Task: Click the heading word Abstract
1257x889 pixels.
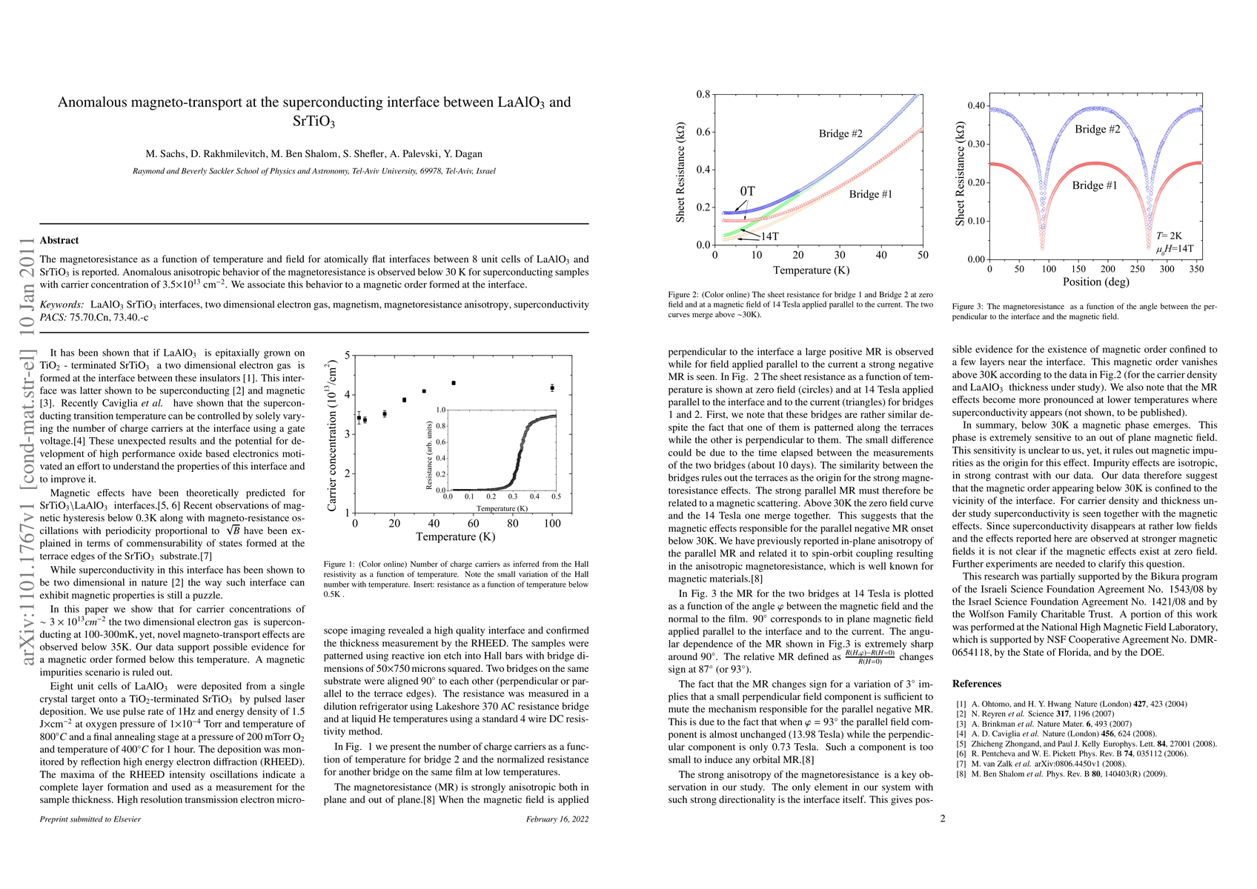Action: pos(59,240)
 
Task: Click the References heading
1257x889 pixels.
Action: pos(976,684)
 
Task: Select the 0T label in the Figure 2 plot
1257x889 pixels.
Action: pos(747,191)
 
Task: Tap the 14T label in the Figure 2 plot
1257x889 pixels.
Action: pos(769,236)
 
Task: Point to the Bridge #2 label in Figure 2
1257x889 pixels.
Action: pos(840,134)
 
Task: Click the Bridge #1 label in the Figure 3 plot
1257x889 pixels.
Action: pos(1094,185)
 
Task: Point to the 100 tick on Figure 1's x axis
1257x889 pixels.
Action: pos(552,524)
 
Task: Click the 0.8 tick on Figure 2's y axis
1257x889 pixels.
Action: pos(703,94)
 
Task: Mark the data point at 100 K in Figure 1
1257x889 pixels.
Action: pos(552,388)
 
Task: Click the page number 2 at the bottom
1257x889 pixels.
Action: pos(943,819)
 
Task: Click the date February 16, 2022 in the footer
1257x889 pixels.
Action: pos(557,819)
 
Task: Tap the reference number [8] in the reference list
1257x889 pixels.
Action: pos(961,774)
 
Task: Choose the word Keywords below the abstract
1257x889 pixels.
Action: pos(62,304)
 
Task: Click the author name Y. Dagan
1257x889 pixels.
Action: pos(463,154)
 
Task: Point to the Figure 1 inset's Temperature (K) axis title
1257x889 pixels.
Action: pos(502,508)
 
